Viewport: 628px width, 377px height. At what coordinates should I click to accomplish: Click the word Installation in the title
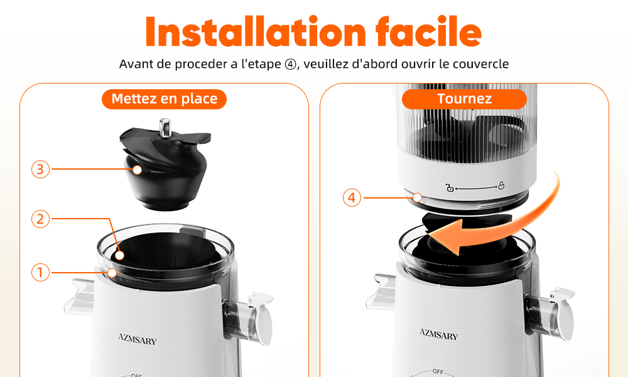[x=256, y=32]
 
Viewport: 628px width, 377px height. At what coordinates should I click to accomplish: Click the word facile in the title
[x=428, y=32]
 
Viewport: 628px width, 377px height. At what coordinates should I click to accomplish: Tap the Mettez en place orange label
[x=164, y=99]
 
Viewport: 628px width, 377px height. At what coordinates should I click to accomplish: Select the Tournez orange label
[x=464, y=99]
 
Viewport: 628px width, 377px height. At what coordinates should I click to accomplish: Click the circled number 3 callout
[x=40, y=170]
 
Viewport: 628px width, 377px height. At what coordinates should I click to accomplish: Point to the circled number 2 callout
[x=40, y=219]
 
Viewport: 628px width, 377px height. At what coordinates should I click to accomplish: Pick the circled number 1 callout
[x=40, y=273]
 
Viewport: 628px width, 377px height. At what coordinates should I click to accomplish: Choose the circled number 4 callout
[x=352, y=198]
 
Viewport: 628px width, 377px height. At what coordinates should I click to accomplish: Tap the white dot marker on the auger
[x=138, y=170]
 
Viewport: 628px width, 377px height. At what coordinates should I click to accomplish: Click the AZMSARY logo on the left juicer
[x=138, y=339]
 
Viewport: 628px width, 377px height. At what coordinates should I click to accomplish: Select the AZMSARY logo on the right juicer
[x=438, y=334]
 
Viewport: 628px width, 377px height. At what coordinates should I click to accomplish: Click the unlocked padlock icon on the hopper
[x=450, y=187]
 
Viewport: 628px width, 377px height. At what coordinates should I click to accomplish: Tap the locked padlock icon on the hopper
[x=501, y=185]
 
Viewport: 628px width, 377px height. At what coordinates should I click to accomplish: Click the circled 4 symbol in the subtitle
[x=290, y=64]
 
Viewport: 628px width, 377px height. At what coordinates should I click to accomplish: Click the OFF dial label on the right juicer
[x=438, y=371]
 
